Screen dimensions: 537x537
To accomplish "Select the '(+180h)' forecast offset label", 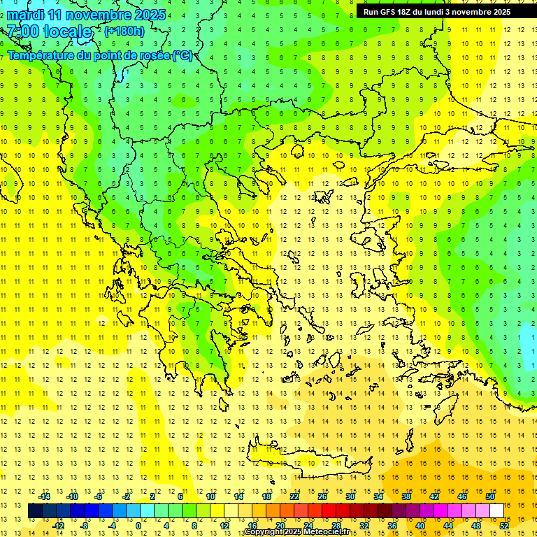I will pyautogui.click(x=124, y=31).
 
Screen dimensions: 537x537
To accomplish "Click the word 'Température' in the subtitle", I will pyautogui.click(x=42, y=55).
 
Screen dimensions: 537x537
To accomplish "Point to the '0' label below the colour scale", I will pyautogui.click(x=138, y=526).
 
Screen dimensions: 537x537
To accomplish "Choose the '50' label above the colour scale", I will pyautogui.click(x=490, y=496).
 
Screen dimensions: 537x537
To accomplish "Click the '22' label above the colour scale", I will pyautogui.click(x=294, y=496).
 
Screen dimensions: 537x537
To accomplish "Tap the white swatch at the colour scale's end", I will pyautogui.click(x=497, y=511).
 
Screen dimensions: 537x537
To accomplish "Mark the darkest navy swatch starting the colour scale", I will pyautogui.click(x=35, y=511).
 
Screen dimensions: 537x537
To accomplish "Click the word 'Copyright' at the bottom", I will pyautogui.click(x=264, y=532).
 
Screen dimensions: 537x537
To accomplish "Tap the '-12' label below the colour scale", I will pyautogui.click(x=58, y=526).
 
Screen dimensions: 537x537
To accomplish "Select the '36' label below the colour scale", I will pyautogui.click(x=392, y=526).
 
